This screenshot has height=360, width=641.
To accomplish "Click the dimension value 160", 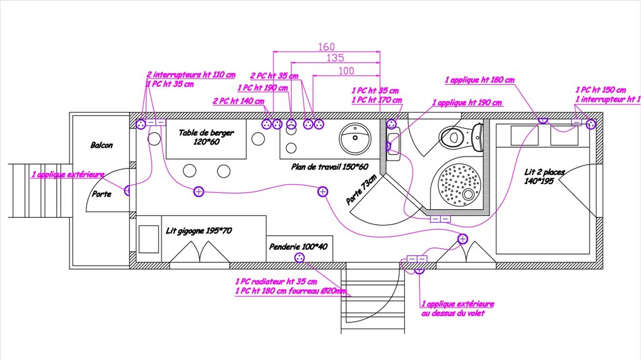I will [x=327, y=47].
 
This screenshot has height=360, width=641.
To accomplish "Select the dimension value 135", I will [x=335, y=58].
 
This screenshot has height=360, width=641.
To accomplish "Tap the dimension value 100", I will [x=346, y=71].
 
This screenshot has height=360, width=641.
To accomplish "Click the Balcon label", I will [x=101, y=145].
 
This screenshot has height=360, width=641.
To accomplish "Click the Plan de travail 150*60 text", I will [x=329, y=167].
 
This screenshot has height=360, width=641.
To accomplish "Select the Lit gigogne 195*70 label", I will [x=199, y=231].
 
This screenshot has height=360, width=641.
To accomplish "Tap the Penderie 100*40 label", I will [x=299, y=247].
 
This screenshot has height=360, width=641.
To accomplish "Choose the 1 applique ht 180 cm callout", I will [x=479, y=80].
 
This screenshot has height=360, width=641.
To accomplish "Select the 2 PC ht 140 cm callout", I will [x=238, y=101].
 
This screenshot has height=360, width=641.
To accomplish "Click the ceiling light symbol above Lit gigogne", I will [x=198, y=192].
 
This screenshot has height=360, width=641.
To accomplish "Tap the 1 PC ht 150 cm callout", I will [x=600, y=90].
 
